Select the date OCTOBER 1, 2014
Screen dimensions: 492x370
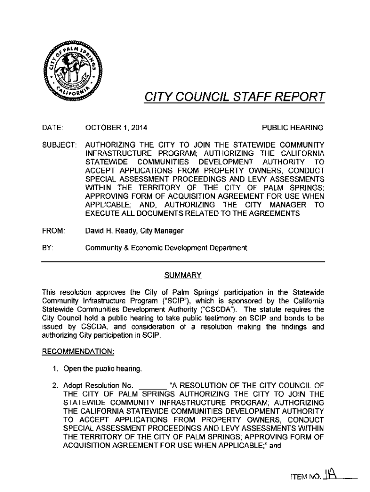pyautogui.click(x=116, y=128)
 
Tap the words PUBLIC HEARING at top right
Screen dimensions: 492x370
pyautogui.click(x=292, y=128)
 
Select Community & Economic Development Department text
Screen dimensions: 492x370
pyautogui.click(x=166, y=248)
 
